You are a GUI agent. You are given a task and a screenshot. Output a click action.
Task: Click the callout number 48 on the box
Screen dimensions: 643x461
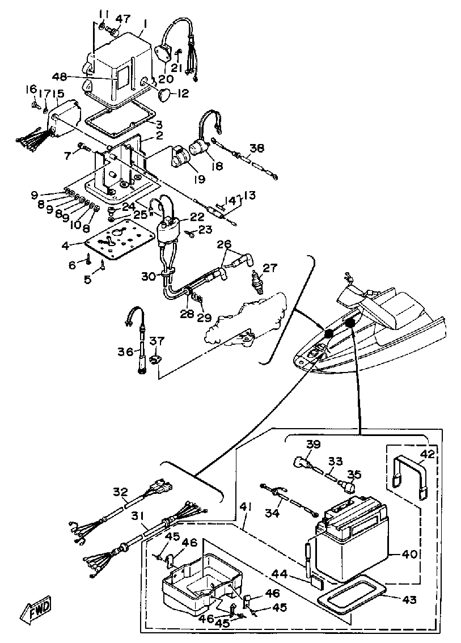[91, 78]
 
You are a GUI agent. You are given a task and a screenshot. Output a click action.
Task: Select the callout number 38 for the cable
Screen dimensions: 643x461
[256, 148]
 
